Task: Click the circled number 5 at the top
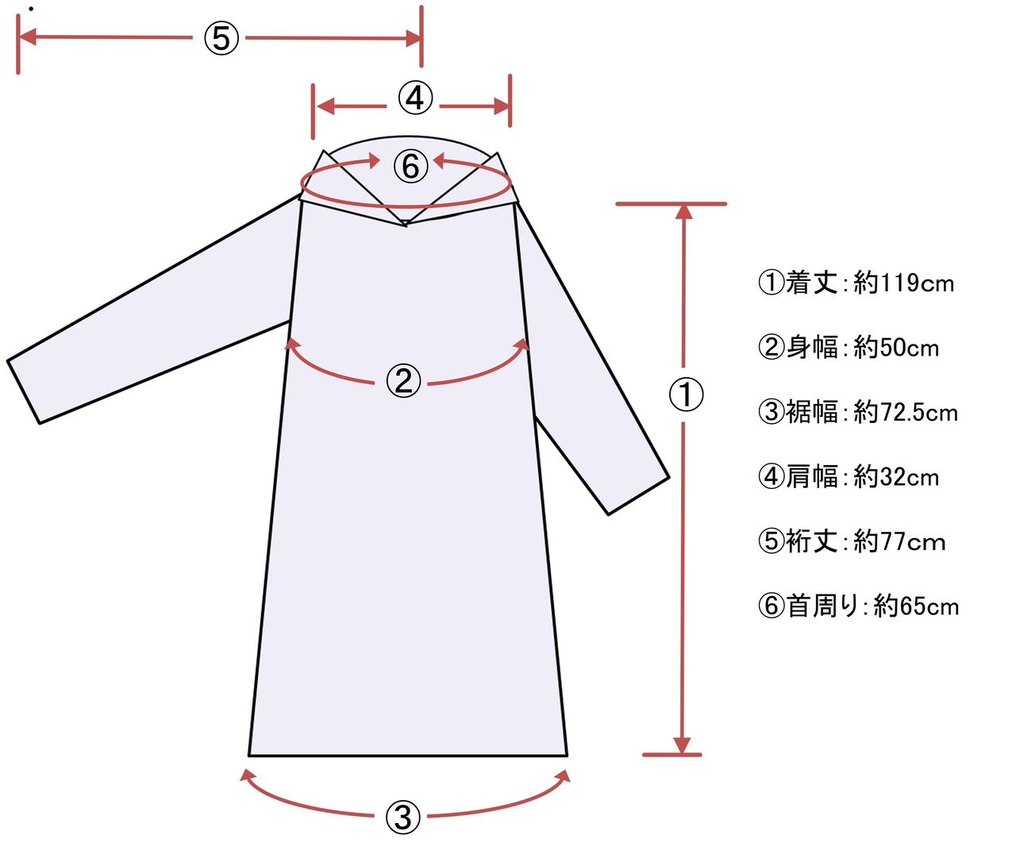click(221, 37)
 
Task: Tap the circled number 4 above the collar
click(415, 98)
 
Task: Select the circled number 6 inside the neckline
click(410, 166)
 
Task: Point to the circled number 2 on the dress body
click(403, 381)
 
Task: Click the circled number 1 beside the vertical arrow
click(686, 394)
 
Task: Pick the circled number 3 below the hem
click(402, 817)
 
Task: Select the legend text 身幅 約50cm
click(849, 348)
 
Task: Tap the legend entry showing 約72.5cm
click(858, 412)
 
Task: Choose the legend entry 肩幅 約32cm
click(849, 477)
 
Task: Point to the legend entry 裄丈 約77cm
click(852, 542)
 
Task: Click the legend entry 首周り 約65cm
click(858, 606)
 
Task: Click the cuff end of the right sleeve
click(639, 496)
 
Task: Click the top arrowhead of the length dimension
click(683, 211)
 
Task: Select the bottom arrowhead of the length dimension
click(682, 746)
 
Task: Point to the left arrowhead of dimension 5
click(26, 37)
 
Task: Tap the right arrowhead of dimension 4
click(502, 106)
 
